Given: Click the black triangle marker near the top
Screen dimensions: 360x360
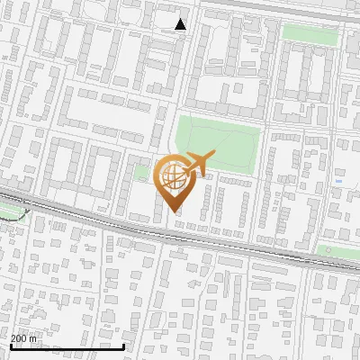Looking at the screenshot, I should point(181,24).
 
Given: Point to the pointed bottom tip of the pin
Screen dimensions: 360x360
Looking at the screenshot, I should point(175,212).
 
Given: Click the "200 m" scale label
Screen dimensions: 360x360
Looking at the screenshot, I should point(25,339).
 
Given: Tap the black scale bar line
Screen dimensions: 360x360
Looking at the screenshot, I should point(67,346).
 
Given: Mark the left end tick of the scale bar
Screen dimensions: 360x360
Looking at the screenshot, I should point(10,345).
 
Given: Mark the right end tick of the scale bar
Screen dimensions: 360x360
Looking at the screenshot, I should point(123,345).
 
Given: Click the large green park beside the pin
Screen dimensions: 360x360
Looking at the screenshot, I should point(219,144).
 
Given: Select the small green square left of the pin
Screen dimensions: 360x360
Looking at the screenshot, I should point(141,172).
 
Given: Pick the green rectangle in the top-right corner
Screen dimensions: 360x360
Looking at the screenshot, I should point(310,33).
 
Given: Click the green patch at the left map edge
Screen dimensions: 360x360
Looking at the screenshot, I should point(9,212).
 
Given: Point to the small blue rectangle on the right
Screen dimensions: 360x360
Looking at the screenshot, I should point(338,180).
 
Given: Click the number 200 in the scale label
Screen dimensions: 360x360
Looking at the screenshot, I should point(21,339).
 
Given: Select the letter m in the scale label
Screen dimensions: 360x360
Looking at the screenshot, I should point(36,339).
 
